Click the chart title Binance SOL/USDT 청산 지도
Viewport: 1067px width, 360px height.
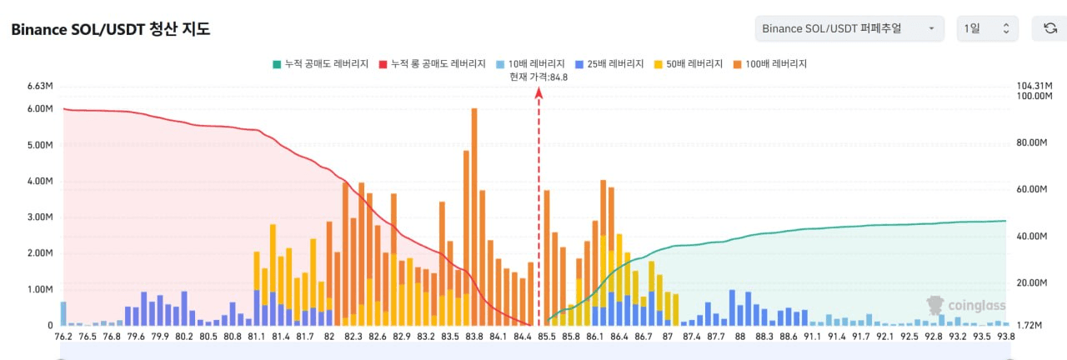pyautogui.click(x=110, y=30)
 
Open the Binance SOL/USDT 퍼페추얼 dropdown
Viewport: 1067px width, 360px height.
pyautogui.click(x=849, y=28)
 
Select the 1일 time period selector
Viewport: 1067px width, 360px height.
pyautogui.click(x=987, y=28)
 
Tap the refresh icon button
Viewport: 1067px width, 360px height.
pyautogui.click(x=1050, y=28)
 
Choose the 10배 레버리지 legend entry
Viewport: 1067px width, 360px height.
pyautogui.click(x=530, y=63)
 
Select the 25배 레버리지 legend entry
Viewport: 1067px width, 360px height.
pyautogui.click(x=612, y=63)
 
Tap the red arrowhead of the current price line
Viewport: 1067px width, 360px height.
pyautogui.click(x=539, y=93)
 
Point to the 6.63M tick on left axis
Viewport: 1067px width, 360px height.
pyautogui.click(x=40, y=86)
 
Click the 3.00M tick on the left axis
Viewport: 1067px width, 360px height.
pyautogui.click(x=40, y=217)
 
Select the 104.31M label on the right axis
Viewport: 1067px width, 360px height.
pyautogui.click(x=1034, y=86)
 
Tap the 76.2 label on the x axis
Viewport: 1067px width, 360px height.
pyautogui.click(x=63, y=337)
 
